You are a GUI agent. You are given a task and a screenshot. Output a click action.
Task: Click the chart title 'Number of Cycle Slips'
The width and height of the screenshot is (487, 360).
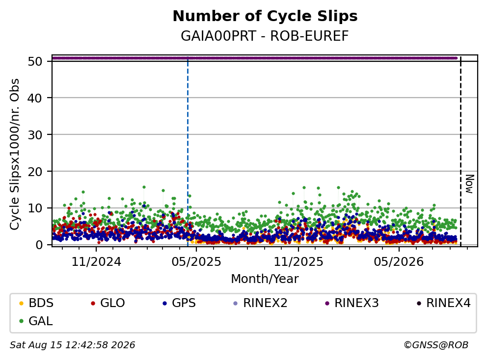265,16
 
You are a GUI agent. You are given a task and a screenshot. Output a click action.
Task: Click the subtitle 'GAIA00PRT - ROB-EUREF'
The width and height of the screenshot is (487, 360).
265,36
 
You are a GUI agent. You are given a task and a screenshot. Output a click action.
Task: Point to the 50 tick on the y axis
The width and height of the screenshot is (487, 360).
35,61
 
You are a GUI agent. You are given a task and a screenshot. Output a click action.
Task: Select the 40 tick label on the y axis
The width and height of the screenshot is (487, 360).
35,98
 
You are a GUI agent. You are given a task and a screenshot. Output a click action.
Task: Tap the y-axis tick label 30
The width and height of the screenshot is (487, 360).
35,135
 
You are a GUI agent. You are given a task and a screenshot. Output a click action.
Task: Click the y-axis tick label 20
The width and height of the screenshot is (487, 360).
35,171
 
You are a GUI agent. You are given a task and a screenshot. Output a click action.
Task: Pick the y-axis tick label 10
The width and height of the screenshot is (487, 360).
35,208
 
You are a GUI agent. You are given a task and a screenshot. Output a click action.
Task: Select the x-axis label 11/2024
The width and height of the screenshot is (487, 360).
96,262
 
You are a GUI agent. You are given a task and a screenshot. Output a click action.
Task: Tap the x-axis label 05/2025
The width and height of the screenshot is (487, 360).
196,262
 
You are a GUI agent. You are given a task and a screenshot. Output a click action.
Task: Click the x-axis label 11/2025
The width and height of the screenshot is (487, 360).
298,262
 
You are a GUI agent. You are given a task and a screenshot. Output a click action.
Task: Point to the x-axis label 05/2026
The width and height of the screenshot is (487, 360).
399,262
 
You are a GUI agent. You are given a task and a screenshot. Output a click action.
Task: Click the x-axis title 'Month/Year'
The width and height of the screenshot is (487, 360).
265,279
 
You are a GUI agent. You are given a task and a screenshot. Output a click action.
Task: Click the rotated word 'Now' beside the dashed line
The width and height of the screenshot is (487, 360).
470,184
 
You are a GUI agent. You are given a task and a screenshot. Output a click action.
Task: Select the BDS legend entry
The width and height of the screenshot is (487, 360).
36,303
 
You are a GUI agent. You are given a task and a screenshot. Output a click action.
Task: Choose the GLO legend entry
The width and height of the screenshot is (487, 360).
108,303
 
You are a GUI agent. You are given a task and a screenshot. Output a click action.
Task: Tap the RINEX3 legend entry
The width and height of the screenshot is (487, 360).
352,303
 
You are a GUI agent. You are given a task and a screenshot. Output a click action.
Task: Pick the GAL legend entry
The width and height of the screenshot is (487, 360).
36,321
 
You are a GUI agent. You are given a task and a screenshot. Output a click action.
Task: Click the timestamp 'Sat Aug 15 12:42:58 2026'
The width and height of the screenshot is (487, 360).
72,345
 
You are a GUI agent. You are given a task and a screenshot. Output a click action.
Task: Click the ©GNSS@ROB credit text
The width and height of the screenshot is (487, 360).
436,345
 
